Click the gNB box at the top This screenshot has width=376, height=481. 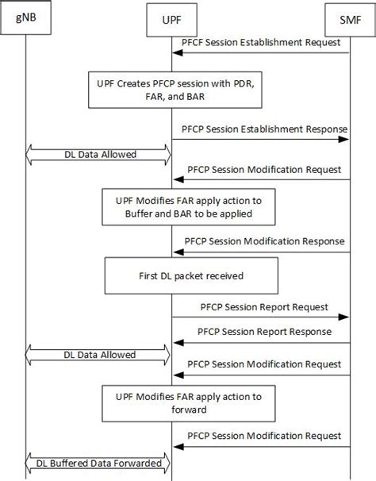pos(25,19)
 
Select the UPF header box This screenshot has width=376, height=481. pos(171,19)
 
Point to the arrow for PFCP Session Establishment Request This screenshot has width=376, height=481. pos(262,52)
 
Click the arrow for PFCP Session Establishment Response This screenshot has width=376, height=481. pos(262,139)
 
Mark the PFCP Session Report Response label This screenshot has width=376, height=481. pos(265,331)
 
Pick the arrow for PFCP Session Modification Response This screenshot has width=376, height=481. pos(262,252)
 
